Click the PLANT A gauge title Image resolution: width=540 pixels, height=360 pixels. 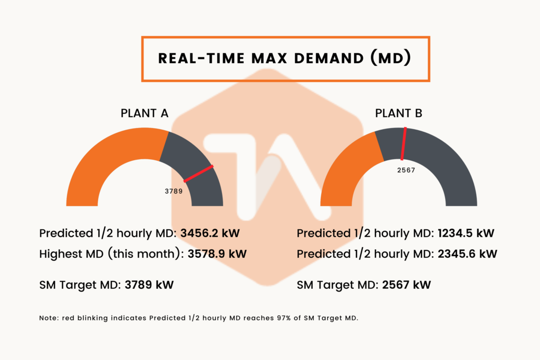point(144,113)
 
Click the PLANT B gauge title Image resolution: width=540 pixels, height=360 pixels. point(399,113)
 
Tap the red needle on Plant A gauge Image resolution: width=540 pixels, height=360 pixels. point(198,173)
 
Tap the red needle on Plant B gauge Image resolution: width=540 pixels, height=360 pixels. point(403,143)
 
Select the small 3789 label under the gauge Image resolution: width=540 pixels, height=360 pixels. point(173,191)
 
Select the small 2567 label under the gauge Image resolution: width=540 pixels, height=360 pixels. point(406,170)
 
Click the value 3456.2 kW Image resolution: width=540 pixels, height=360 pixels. point(210,233)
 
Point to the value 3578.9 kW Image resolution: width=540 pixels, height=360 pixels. point(217,254)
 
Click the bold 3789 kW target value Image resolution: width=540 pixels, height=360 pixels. point(149,285)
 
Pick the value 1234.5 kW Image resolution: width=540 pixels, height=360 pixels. point(466,233)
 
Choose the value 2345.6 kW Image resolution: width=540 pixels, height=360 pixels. point(467,254)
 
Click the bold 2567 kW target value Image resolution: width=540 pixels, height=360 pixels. point(407,285)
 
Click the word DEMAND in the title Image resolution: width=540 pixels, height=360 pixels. point(329,58)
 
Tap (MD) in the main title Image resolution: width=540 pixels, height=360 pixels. point(391,58)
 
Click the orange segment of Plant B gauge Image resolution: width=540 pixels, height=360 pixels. point(348,172)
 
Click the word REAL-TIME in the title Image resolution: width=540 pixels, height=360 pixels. point(201,58)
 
